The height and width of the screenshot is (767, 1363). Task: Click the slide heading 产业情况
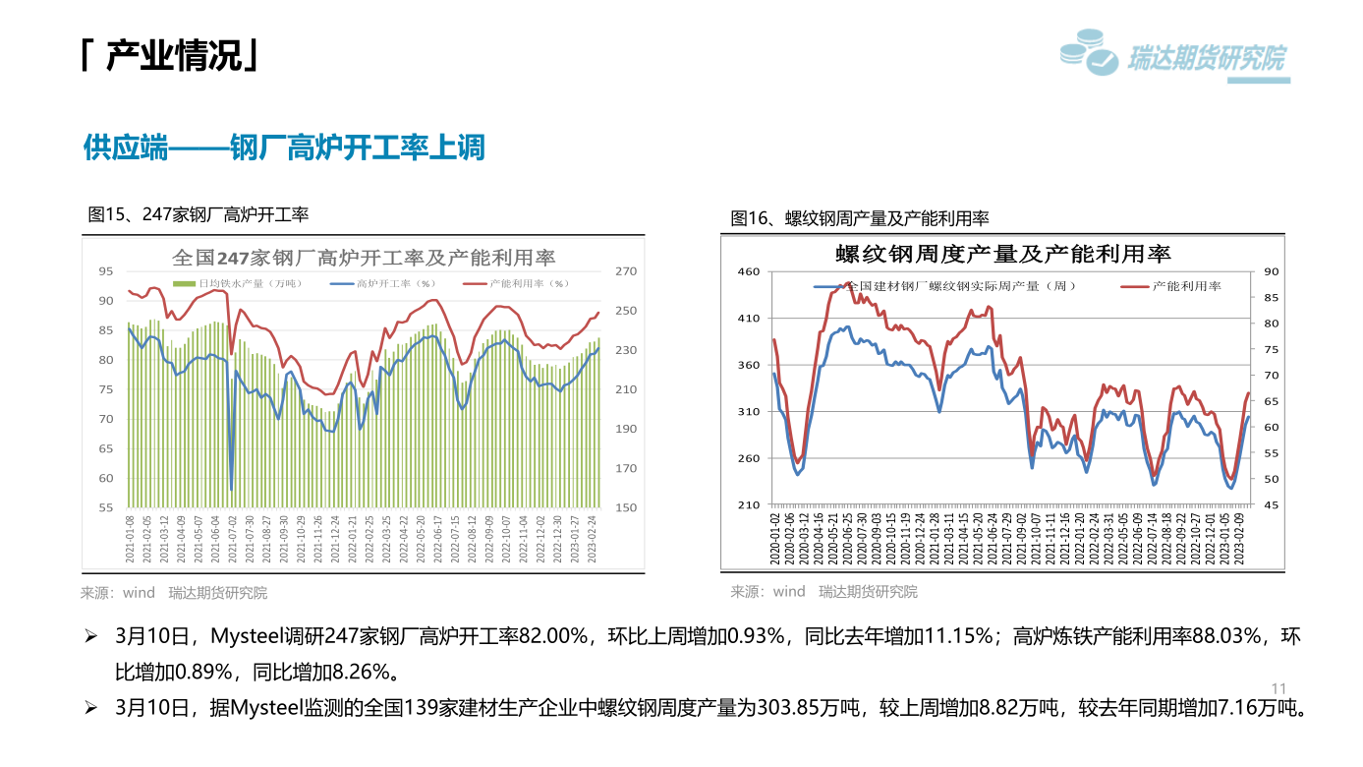point(172,57)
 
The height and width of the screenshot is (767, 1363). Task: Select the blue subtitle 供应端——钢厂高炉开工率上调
point(284,148)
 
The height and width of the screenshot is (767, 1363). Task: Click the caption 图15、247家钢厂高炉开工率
point(199,213)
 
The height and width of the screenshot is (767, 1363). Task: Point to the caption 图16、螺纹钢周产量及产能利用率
point(860,217)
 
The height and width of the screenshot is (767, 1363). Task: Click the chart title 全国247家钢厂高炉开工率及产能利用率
point(364,258)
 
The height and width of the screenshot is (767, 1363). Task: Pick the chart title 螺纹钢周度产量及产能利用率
point(1003,254)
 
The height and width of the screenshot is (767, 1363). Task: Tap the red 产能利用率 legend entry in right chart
point(1174,286)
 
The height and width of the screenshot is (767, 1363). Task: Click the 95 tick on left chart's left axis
point(106,270)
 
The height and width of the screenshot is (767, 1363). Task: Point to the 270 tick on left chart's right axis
point(626,270)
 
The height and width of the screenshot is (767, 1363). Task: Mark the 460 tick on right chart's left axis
point(749,271)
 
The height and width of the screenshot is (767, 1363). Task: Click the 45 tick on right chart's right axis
point(1271,504)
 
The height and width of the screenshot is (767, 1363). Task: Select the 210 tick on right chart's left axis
point(749,504)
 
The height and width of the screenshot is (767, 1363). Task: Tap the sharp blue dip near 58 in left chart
point(231,488)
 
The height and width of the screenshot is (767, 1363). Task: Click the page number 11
point(1278,687)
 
